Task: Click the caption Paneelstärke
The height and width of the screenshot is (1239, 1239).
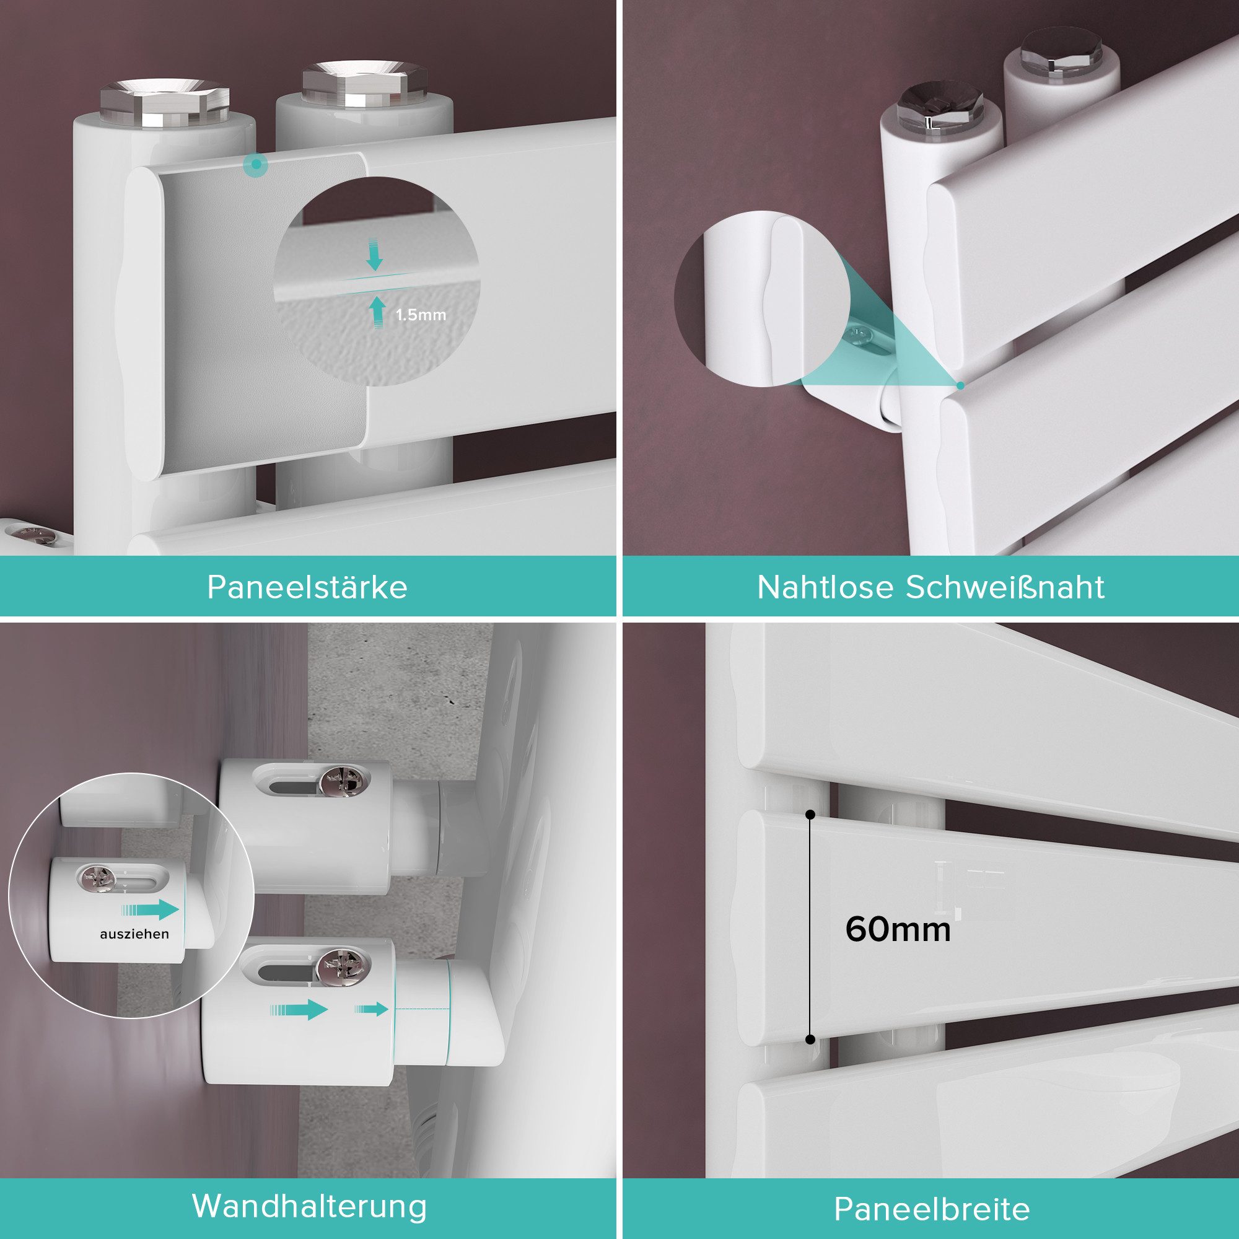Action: [307, 587]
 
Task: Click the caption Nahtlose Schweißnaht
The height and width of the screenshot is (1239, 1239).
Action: [930, 587]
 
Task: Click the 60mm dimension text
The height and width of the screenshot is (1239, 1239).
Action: [898, 929]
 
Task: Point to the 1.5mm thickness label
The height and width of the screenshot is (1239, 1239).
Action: [420, 315]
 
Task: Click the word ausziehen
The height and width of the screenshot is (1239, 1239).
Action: [134, 934]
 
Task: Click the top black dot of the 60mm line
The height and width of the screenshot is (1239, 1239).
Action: [810, 815]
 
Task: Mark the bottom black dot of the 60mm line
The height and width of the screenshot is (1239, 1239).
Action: [810, 1040]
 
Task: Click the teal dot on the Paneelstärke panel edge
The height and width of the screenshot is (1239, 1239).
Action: [256, 165]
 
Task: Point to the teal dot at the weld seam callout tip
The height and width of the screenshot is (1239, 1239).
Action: [960, 385]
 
